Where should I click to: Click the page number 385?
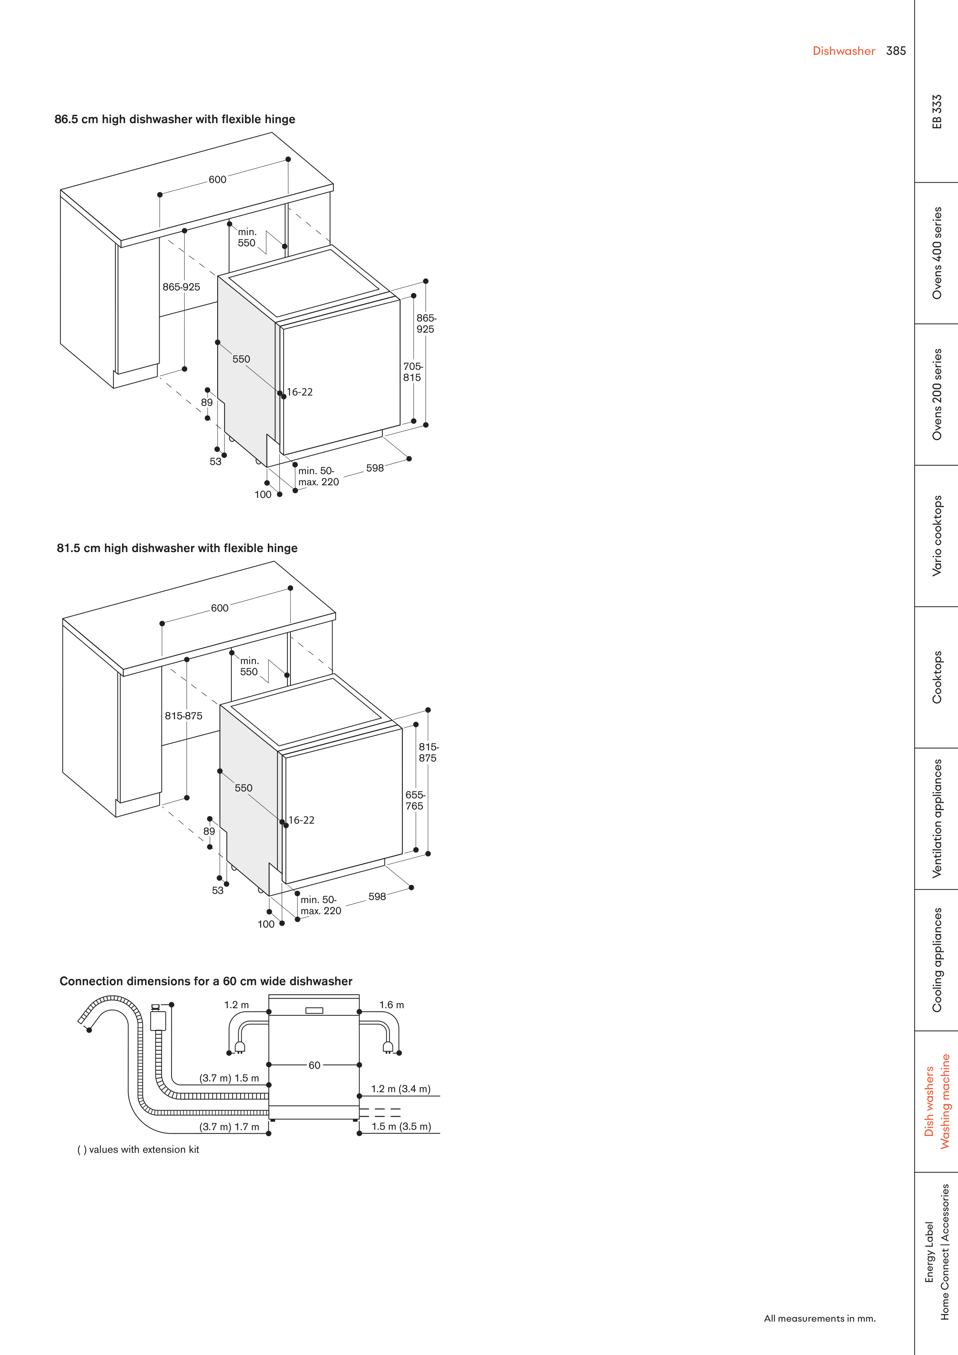tap(895, 51)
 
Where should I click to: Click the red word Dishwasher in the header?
tap(844, 51)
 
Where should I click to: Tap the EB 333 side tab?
tap(937, 112)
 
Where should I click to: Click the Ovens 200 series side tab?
tap(937, 394)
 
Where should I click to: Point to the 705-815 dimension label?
tap(412, 372)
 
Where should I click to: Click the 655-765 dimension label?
tap(415, 800)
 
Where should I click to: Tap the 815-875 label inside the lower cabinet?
tap(183, 716)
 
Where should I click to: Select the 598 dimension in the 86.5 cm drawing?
tap(375, 468)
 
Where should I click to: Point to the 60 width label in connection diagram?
tap(315, 1065)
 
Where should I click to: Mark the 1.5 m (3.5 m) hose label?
tap(401, 1127)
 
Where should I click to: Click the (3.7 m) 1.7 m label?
tap(229, 1127)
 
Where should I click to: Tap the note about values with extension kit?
tap(138, 1150)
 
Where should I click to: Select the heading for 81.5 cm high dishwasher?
tap(177, 548)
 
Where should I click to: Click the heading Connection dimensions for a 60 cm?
tap(206, 981)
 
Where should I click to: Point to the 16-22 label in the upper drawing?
tap(300, 392)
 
